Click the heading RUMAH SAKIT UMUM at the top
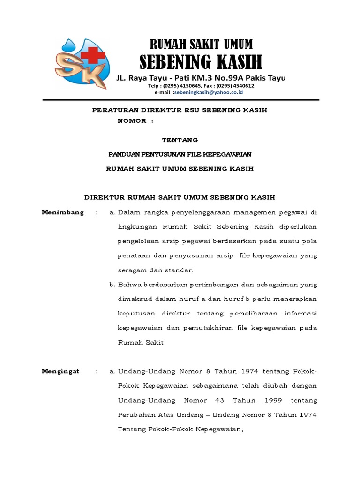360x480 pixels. pos(201,44)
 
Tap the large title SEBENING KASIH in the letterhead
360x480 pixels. pos(201,62)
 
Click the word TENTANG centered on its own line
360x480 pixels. pos(180,140)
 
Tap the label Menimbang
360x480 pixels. pos(63,212)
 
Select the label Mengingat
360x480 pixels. pos(60,371)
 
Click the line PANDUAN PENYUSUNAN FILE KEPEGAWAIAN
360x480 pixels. pos(180,154)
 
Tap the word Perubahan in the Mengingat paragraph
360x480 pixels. pos(135,415)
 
